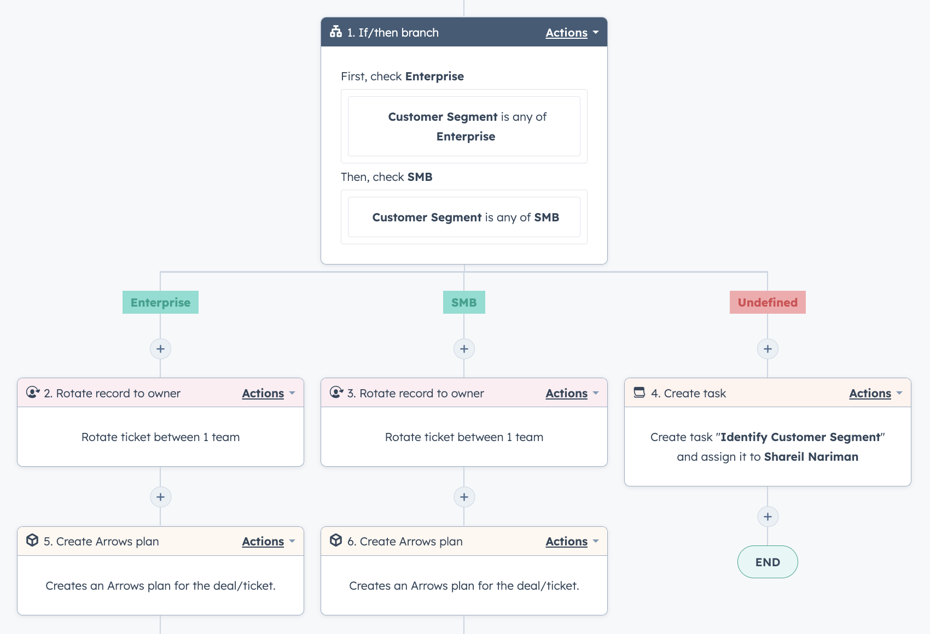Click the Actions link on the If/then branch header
point(567,33)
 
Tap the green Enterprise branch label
point(160,302)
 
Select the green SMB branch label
point(464,302)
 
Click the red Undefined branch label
point(768,302)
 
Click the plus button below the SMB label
point(464,349)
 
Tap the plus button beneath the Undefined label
point(768,349)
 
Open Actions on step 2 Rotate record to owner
point(263,394)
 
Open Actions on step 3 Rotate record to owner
point(567,394)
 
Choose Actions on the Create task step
point(870,394)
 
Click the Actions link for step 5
point(263,542)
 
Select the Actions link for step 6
point(567,542)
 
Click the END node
point(768,562)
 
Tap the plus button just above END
point(768,516)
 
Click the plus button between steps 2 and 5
point(160,497)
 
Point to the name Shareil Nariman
point(811,457)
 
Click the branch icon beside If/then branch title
point(336,32)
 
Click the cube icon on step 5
point(32,541)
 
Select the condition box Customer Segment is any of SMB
point(464,218)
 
